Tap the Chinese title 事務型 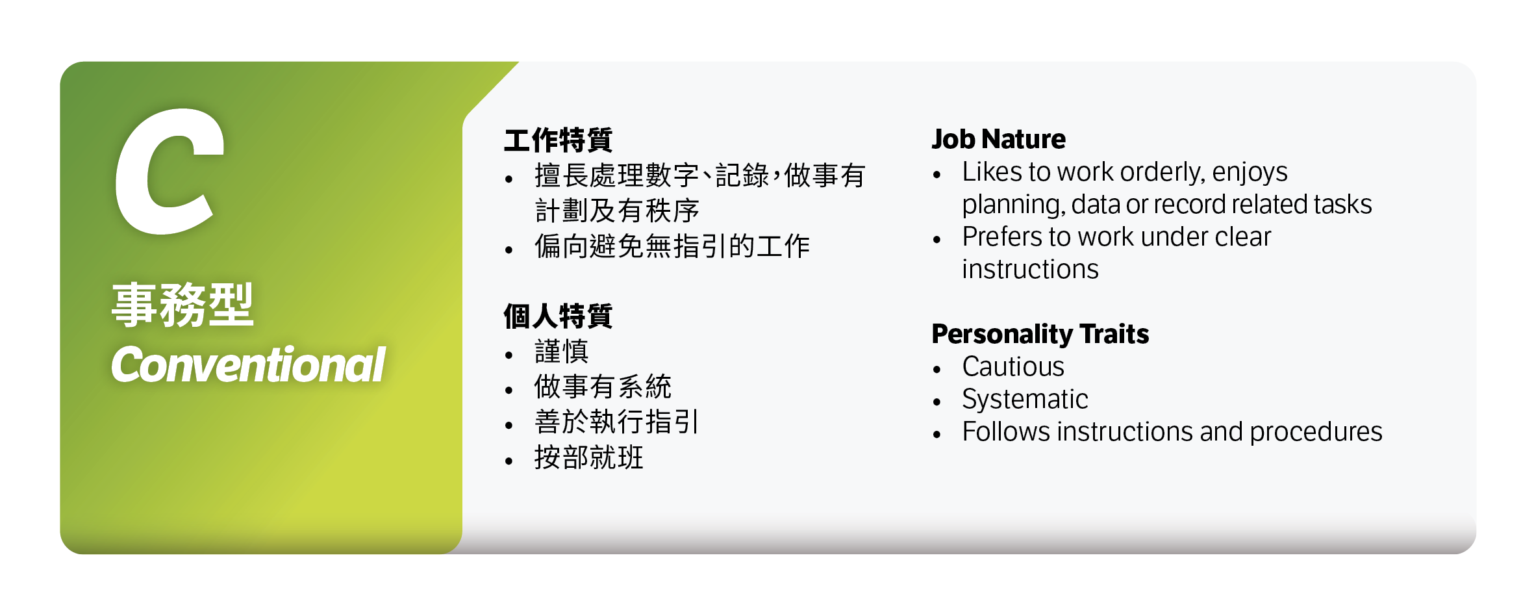[182, 305]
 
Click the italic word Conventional [248, 365]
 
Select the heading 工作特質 [558, 140]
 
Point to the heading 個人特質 [558, 316]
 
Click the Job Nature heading [998, 140]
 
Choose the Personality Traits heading [1040, 335]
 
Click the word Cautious [1013, 367]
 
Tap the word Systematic [1025, 400]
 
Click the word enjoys [1250, 173]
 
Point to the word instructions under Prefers [1030, 270]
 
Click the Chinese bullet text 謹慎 [561, 352]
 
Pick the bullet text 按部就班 [588, 457]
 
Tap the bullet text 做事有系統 [602, 387]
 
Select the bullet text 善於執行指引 [616, 422]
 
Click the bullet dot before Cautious [937, 370]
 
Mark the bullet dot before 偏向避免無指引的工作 [509, 249]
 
